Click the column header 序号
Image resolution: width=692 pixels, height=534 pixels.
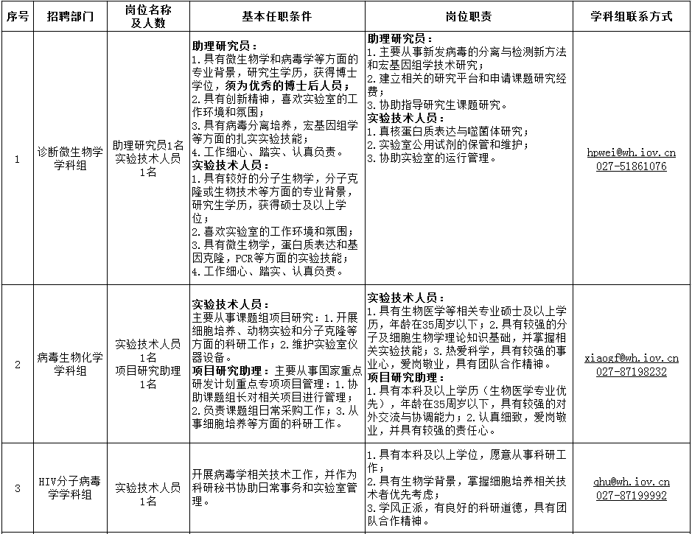click(x=18, y=16)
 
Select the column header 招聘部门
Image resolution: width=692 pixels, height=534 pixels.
click(x=71, y=16)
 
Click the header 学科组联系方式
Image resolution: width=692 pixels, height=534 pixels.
click(x=632, y=16)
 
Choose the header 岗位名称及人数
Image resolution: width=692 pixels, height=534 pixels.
click(x=148, y=16)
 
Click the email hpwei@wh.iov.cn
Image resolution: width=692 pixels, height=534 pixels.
click(x=632, y=152)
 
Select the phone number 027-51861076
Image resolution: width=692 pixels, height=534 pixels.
click(x=632, y=166)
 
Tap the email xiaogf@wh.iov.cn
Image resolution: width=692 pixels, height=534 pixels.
click(x=632, y=358)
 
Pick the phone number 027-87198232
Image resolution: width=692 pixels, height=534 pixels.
click(x=632, y=372)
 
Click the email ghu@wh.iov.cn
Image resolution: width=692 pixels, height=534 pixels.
click(x=632, y=482)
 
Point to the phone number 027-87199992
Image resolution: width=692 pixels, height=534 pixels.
click(x=632, y=496)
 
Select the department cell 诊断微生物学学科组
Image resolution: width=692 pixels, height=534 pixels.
click(x=71, y=158)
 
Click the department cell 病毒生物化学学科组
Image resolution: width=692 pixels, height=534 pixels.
click(x=71, y=364)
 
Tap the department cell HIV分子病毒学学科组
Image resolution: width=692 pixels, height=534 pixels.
click(x=71, y=488)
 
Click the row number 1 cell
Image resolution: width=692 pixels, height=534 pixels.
click(x=18, y=158)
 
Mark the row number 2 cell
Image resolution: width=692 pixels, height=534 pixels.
click(x=18, y=364)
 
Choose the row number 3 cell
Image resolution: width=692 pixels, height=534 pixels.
click(x=18, y=488)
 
